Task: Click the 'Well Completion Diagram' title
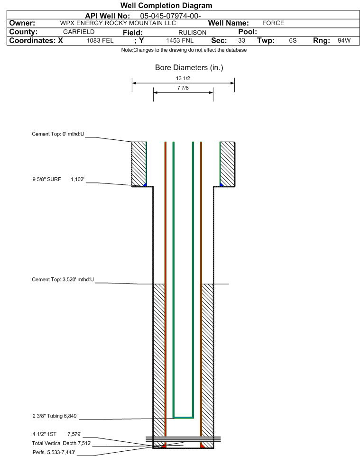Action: click(x=166, y=6)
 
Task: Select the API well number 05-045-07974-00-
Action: click(x=170, y=16)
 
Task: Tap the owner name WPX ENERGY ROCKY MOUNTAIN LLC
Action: click(x=118, y=23)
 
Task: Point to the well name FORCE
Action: click(x=273, y=23)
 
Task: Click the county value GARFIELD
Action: click(x=79, y=32)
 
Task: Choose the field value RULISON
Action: click(x=192, y=33)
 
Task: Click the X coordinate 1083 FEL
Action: click(x=100, y=40)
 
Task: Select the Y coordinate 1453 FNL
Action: click(x=180, y=40)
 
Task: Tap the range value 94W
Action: click(x=344, y=40)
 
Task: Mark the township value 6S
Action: click(x=293, y=40)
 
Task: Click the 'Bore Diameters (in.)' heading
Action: click(x=189, y=68)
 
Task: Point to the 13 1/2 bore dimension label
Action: click(x=183, y=79)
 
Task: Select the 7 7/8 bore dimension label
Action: click(x=183, y=88)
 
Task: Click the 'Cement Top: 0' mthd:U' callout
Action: click(x=58, y=134)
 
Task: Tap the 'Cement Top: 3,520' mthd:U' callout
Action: click(x=63, y=280)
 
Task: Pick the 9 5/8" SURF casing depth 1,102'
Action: click(x=77, y=180)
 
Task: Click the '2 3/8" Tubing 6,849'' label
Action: click(x=55, y=416)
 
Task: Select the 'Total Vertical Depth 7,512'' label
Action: click(x=62, y=444)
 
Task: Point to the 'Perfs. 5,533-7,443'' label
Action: click(x=54, y=453)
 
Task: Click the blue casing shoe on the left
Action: click(x=145, y=185)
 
